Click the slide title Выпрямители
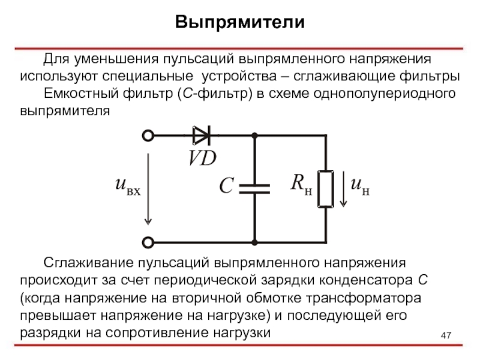[x=240, y=22]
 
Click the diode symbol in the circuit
[x=201, y=136]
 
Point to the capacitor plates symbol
[x=254, y=188]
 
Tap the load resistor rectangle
[x=325, y=188]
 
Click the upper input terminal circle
[x=148, y=136]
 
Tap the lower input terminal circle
[x=148, y=242]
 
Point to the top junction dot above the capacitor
[x=254, y=136]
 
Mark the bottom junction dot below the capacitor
[x=254, y=242]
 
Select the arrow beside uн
[x=343, y=188]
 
